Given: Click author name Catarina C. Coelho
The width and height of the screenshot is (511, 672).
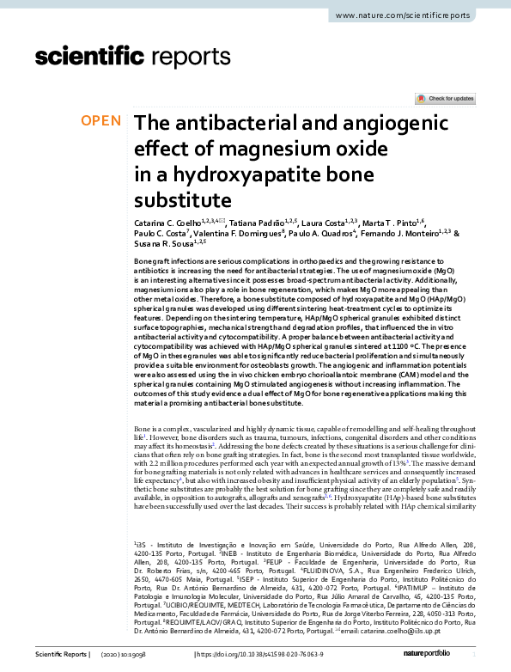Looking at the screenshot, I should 167,224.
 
